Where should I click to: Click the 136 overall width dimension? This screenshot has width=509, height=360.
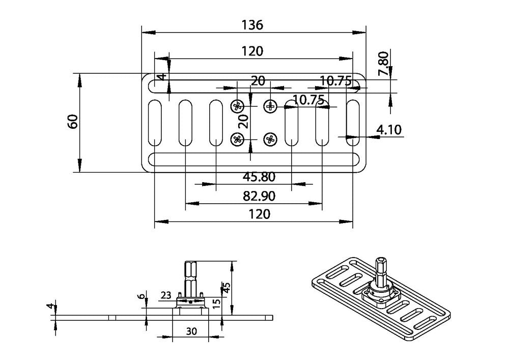(252, 25)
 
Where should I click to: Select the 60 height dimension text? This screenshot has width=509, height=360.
(72, 121)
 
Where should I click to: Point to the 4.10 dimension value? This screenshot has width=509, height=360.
(389, 130)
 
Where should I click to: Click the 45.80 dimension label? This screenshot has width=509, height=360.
(259, 177)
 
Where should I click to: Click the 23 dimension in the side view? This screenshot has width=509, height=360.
(165, 294)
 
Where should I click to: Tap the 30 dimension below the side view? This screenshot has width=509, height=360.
(191, 330)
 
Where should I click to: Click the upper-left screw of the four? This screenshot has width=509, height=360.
(237, 106)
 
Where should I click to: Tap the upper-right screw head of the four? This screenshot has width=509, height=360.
(270, 106)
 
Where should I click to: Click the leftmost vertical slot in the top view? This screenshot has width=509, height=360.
(154, 122)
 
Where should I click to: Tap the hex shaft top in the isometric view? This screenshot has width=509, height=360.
(382, 263)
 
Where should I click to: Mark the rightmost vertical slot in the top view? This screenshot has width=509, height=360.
(352, 122)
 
